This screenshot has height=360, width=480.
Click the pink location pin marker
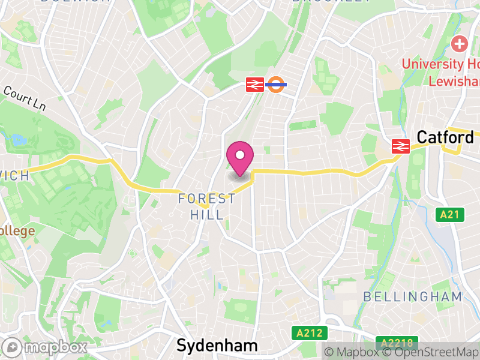240,158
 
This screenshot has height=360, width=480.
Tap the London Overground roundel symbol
276,84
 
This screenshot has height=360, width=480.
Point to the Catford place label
445,137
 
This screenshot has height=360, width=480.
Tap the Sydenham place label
217,346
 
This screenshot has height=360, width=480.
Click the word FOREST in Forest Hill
207,199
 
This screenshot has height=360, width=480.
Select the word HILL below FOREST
207,214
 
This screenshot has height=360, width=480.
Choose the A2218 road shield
397,343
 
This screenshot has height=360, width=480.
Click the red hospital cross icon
460,44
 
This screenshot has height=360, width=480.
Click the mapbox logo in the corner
45,347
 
